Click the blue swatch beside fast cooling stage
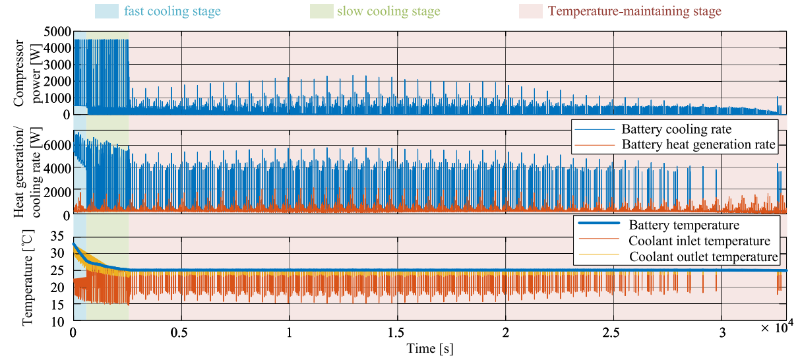tap(107, 11)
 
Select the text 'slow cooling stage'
tap(388, 11)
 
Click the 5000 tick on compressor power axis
tap(57, 32)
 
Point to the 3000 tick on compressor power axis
tap(57, 65)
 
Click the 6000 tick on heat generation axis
tap(57, 144)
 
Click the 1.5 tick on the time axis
tap(397, 332)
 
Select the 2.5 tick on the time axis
tap(613, 332)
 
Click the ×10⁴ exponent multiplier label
tap(773, 328)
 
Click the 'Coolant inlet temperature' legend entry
tap(699, 241)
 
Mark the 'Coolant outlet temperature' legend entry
tap(703, 256)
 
